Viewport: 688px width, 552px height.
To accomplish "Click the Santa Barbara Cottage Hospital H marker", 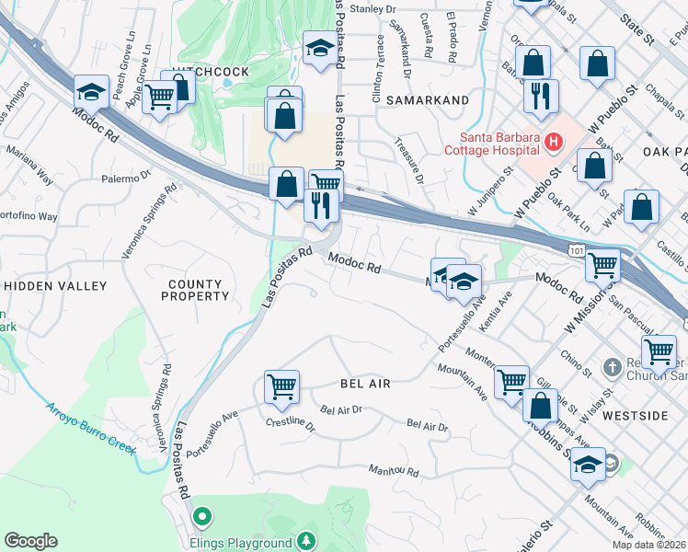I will click(x=553, y=142).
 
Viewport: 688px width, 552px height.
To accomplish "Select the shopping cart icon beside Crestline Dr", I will click(x=281, y=385).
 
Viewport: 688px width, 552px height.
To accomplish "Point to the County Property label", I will click(x=195, y=290).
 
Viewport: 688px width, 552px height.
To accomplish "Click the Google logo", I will click(x=30, y=541).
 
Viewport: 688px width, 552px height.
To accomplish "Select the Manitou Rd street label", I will click(x=394, y=472).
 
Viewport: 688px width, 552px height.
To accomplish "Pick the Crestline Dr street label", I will click(x=291, y=428).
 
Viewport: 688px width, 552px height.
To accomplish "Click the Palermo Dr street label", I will click(x=126, y=178).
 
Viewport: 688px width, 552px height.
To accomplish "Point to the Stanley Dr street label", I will click(x=373, y=8).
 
